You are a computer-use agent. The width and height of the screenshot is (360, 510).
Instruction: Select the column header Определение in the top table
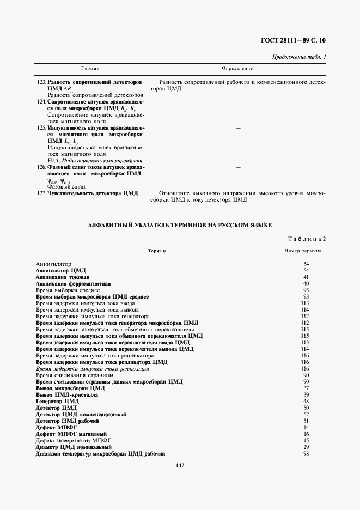(237, 68)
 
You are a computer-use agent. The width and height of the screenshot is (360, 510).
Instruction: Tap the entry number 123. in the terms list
(41, 82)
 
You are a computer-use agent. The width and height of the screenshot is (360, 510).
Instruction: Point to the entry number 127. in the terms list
(41, 193)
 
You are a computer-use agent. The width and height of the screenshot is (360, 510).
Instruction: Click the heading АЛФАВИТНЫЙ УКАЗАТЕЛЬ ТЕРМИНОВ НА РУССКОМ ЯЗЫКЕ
(180, 225)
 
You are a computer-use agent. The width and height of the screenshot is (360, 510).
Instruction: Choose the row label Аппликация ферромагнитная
(74, 283)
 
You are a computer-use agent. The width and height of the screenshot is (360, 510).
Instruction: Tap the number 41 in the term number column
(306, 277)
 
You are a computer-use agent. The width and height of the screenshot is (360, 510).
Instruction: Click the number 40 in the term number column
(306, 283)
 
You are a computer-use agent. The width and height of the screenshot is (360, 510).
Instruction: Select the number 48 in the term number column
(306, 401)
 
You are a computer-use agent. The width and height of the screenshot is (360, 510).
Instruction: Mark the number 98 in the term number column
(306, 453)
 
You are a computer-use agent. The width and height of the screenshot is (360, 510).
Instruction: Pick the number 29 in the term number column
(306, 447)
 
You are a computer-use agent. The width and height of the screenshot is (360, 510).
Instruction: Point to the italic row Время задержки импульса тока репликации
(93, 368)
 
